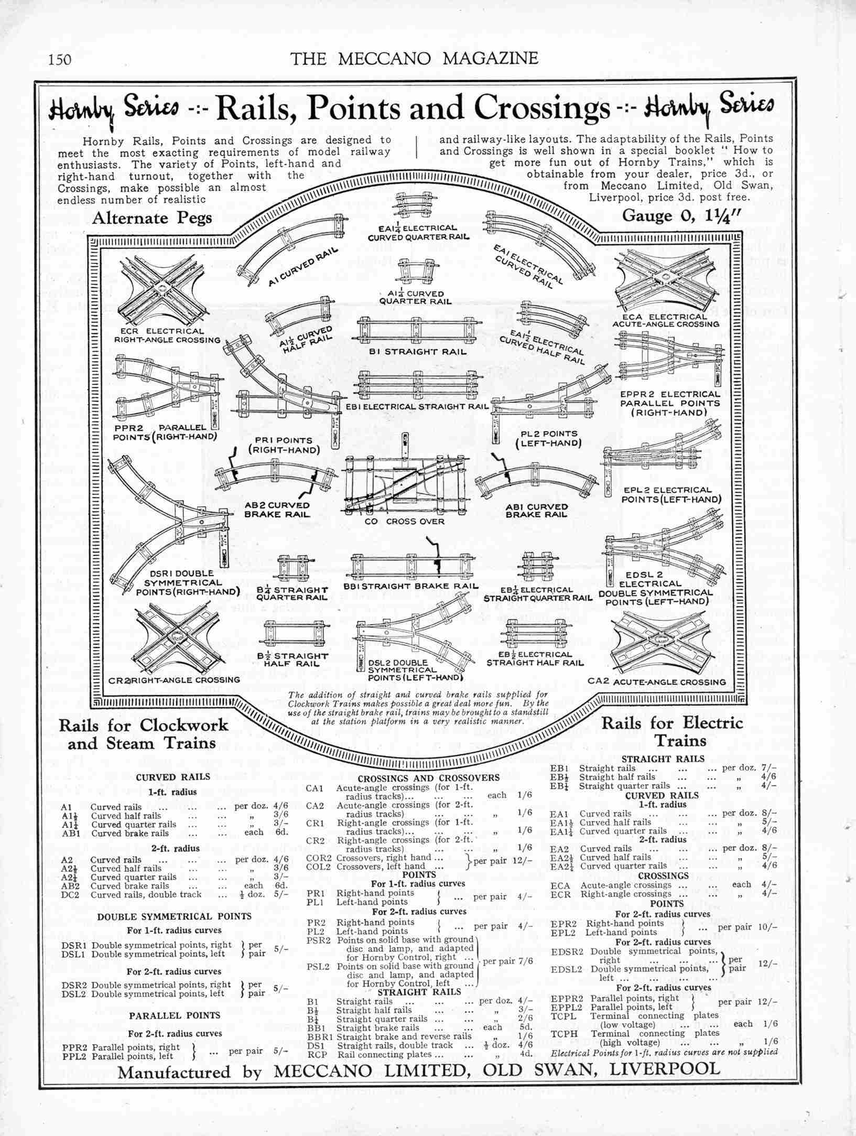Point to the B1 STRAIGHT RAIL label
click(418, 352)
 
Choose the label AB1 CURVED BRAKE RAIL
click(536, 511)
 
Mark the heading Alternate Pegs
click(152, 218)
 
